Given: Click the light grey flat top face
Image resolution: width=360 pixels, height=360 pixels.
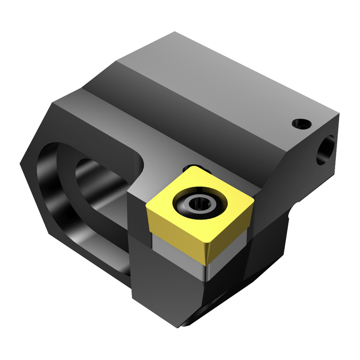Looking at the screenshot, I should pos(230,83).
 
